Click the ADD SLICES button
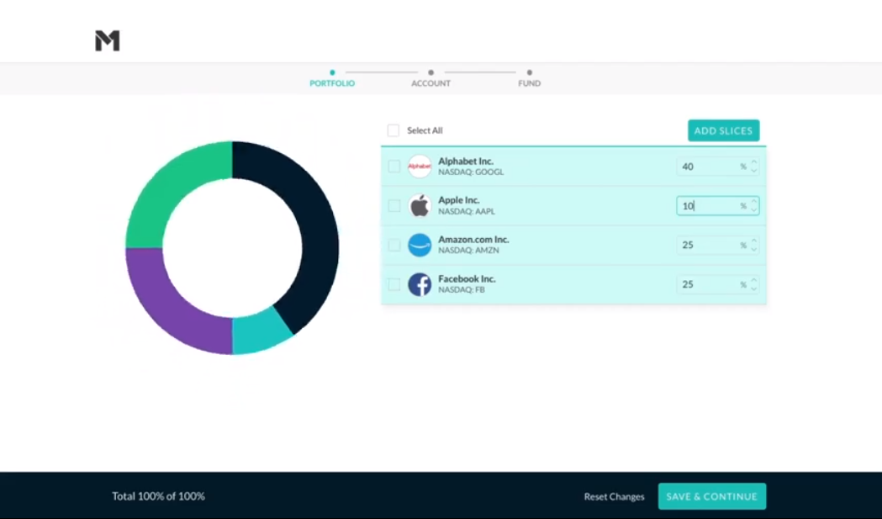click(723, 130)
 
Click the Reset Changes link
click(614, 496)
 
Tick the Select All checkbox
click(393, 130)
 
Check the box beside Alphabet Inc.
click(393, 167)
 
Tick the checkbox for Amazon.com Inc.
click(393, 245)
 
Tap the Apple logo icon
click(420, 206)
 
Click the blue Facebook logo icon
click(420, 284)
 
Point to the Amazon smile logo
click(420, 245)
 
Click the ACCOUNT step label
click(430, 83)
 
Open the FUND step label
click(529, 83)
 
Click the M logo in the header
click(108, 40)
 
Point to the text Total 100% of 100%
click(158, 496)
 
